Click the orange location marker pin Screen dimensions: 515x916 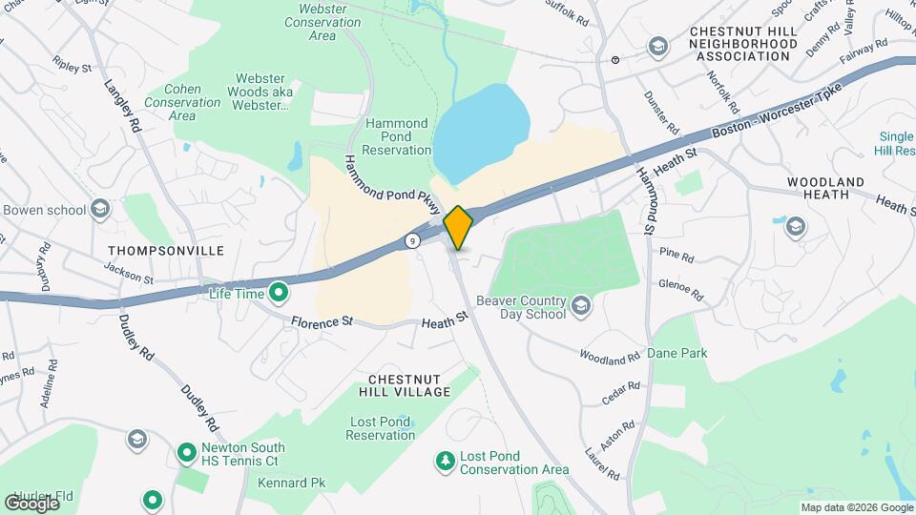459,228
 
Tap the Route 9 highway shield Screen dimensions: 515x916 410,241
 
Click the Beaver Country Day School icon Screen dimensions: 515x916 580,306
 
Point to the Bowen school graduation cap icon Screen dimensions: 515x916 100,210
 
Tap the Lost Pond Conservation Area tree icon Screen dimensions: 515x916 444,462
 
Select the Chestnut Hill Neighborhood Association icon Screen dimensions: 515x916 656,46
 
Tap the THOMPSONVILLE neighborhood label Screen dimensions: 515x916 166,251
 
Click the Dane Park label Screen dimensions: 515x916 677,353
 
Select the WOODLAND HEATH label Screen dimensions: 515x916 826,188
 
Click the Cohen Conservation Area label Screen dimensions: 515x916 181,102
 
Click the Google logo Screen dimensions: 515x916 31,503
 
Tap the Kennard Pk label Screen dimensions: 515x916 291,483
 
